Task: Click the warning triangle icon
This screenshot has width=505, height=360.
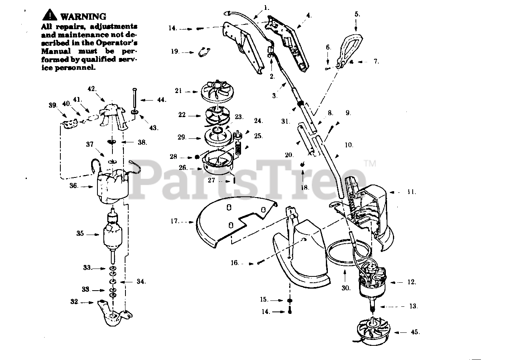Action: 50,16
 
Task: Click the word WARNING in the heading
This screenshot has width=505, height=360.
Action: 83,17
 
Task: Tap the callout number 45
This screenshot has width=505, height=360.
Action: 415,332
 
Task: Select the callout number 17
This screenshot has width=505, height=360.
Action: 175,221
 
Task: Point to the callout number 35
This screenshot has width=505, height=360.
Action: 80,234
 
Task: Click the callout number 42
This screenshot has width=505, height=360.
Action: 92,89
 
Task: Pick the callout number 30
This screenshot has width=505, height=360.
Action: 346,288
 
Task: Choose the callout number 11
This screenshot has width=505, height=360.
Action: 411,192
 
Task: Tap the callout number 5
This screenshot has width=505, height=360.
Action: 357,14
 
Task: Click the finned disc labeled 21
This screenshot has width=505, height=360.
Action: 218,91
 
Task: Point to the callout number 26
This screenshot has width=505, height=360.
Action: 183,168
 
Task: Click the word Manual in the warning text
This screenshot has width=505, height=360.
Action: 56,51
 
